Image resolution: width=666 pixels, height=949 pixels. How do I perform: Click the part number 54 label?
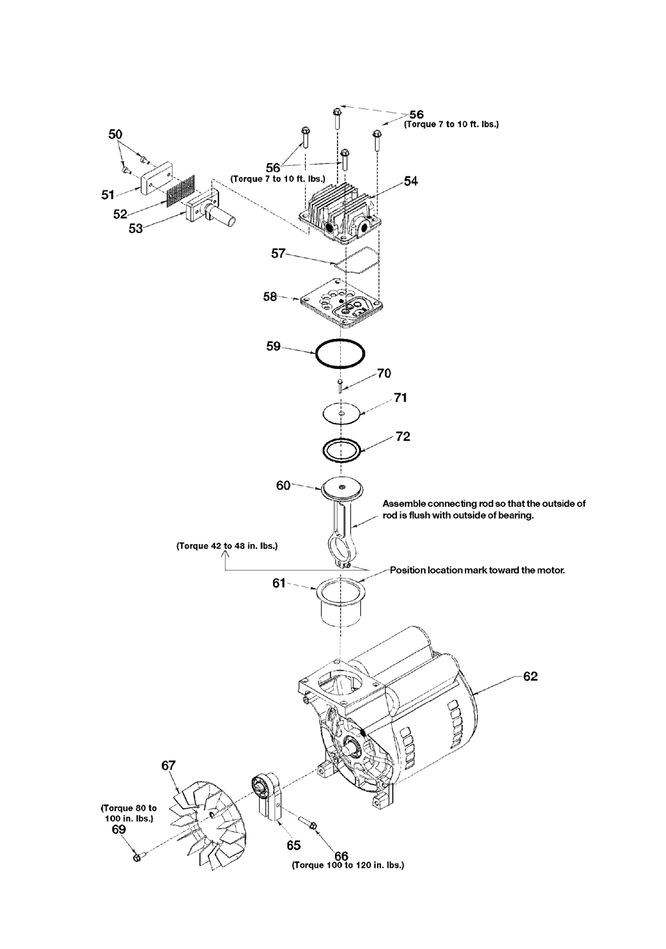coord(410,181)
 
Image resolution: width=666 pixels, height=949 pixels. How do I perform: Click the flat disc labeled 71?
coord(340,413)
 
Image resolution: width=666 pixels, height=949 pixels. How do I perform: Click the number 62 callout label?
coord(530,676)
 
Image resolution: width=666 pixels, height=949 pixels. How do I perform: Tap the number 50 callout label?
coord(115,135)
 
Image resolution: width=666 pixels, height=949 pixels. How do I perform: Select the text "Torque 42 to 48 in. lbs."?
coord(227,546)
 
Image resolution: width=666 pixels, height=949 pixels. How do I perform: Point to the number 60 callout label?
coord(284,485)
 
